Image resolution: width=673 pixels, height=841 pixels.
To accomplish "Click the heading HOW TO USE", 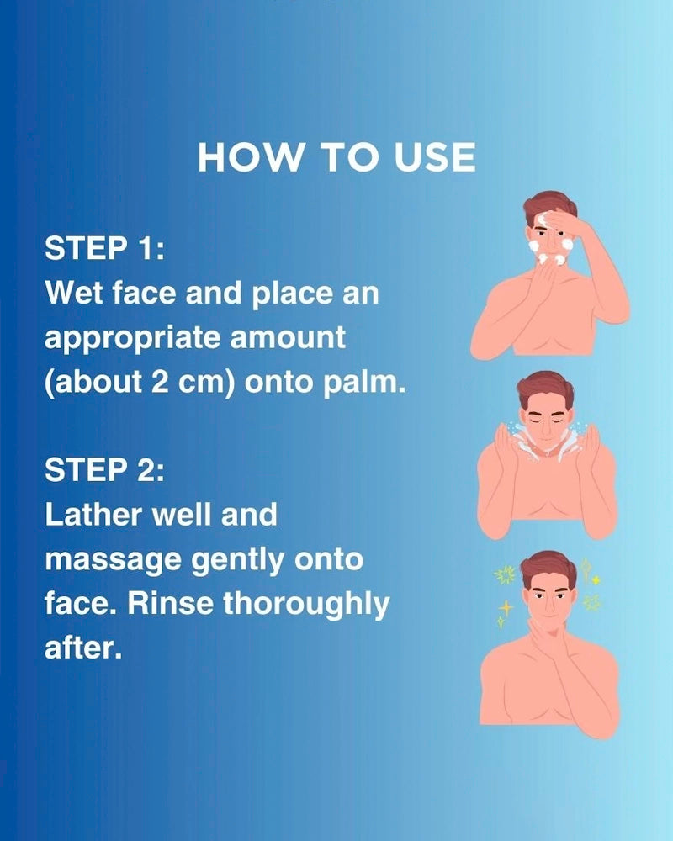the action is pos(336,157).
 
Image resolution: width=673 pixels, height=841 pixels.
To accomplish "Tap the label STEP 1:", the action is pos(104,248).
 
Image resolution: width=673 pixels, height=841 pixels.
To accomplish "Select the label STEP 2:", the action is pos(104,470).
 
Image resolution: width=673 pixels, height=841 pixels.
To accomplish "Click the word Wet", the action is pos(73,293).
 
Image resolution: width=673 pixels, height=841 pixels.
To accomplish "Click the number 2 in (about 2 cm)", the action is pos(160,382).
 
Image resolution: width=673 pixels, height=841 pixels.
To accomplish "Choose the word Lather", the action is pos(95,515).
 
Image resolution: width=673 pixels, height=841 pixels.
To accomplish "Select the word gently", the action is pos(238,560).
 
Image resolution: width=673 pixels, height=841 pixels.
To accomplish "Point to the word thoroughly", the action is pos(306,605).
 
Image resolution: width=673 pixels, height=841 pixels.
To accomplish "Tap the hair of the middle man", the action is pos(544,387).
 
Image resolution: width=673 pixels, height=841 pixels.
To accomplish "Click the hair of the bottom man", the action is pos(548,566).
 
